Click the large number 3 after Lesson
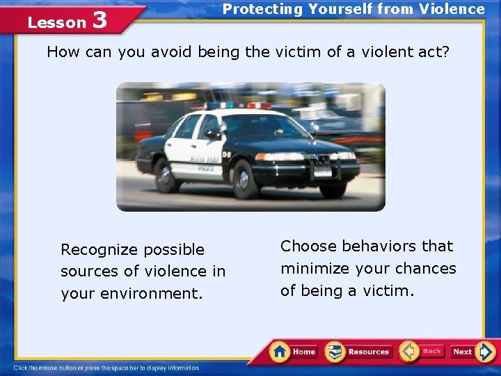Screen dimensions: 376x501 (99, 20)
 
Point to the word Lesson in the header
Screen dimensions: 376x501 (56, 22)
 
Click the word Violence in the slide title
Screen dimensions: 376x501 (453, 9)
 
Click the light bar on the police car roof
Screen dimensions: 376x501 (237, 106)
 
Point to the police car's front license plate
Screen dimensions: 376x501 (323, 171)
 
